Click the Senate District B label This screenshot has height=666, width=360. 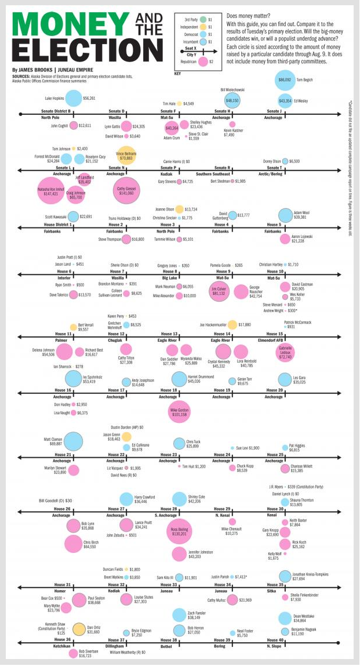coord(56,110)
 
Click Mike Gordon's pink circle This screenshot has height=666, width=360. coord(180,412)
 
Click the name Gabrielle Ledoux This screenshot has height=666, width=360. coord(285,350)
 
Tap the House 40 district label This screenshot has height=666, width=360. coord(275,639)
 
